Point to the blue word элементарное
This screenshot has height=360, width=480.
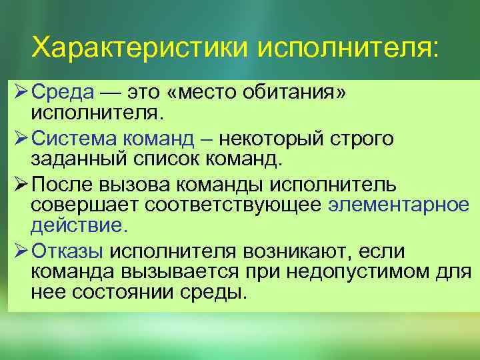pos(399,205)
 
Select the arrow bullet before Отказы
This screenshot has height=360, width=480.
pos(19,251)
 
